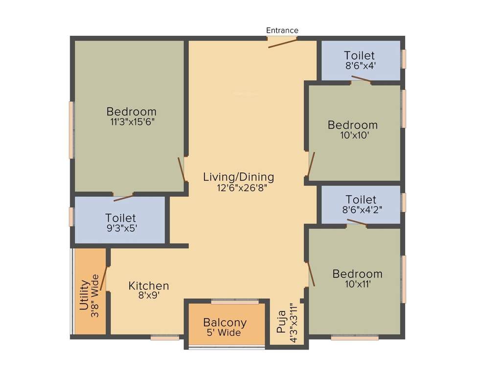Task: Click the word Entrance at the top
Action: (x=282, y=30)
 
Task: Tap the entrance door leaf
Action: (x=282, y=43)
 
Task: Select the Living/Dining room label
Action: (x=239, y=177)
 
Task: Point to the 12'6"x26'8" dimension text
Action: (x=239, y=188)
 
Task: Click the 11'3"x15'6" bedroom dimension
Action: (x=132, y=122)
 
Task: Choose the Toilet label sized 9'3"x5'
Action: (x=120, y=218)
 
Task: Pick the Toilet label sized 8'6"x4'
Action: (x=360, y=55)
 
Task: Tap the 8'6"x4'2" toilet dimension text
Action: (x=362, y=210)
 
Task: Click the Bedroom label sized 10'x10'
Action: (x=353, y=125)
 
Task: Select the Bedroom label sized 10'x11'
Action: (x=357, y=274)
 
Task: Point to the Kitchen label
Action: (x=149, y=285)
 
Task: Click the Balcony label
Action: (x=225, y=323)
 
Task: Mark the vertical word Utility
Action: (x=84, y=295)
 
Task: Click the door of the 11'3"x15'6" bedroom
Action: (x=182, y=169)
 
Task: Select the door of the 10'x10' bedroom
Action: (x=311, y=164)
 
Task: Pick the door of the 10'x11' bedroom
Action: (x=311, y=273)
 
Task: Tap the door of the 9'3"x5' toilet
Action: (x=123, y=198)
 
